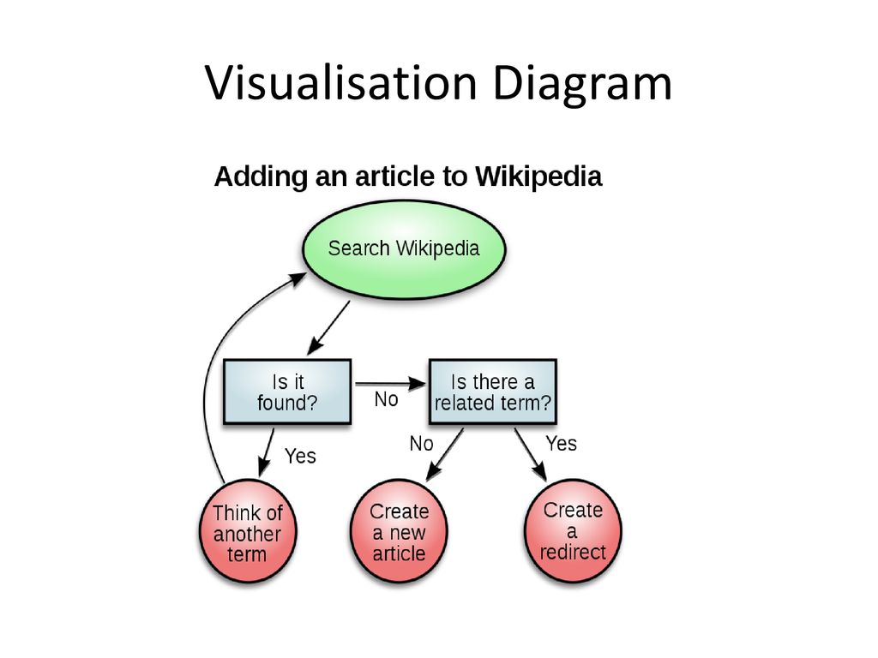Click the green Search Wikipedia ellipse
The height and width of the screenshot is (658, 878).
coord(404,249)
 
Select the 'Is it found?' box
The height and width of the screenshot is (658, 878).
coord(287,392)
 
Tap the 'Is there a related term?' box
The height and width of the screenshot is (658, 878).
coord(493,392)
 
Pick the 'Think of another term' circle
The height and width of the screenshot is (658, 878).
coord(248,531)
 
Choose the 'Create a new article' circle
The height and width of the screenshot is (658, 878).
coord(399,531)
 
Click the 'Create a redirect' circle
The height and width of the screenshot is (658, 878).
coord(573,531)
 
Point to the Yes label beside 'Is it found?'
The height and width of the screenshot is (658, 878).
coord(300,456)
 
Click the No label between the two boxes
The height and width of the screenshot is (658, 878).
coord(387,399)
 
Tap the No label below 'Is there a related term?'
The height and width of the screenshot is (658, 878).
coord(421,444)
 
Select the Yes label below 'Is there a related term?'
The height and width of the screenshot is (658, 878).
coord(561,444)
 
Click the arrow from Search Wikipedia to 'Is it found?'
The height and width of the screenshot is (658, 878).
coord(328,328)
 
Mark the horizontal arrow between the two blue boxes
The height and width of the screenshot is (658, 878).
coord(391,384)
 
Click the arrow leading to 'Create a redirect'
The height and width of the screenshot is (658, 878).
coord(530,454)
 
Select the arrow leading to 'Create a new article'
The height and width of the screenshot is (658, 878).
coord(445,454)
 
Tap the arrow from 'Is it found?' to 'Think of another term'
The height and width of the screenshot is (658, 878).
coord(267,452)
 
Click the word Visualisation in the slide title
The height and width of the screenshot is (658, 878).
coord(341,83)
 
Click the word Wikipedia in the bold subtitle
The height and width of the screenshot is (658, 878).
coord(538,176)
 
